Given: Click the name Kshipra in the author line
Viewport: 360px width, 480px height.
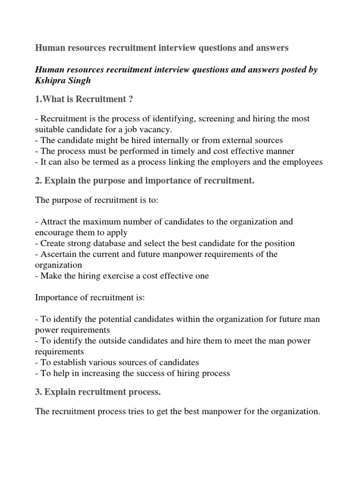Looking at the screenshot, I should click(x=52, y=81).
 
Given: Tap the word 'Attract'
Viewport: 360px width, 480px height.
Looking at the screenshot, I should click(x=54, y=221).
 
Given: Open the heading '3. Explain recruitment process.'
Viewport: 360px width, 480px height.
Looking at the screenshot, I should click(x=107, y=392).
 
